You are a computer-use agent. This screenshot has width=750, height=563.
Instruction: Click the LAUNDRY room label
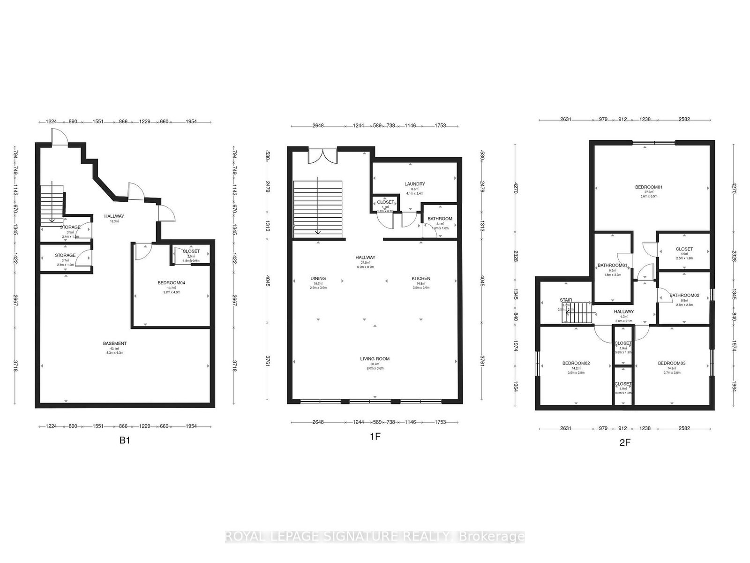click(x=414, y=184)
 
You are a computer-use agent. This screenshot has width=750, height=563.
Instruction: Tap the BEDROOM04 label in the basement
click(x=172, y=283)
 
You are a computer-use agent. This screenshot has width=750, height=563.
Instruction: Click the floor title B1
click(x=124, y=441)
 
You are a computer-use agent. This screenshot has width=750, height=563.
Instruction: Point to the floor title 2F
click(x=625, y=442)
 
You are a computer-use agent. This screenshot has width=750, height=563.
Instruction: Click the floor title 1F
click(x=375, y=437)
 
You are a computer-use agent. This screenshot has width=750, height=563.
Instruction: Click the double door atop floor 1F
click(x=322, y=156)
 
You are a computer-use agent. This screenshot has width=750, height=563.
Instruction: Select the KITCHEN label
click(x=420, y=279)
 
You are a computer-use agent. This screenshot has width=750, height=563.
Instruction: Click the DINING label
click(x=318, y=279)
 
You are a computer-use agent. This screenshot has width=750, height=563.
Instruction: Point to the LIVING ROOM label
click(x=375, y=359)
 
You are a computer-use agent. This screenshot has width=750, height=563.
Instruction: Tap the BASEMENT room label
click(x=115, y=343)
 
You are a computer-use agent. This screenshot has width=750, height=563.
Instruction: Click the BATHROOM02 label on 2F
click(x=684, y=296)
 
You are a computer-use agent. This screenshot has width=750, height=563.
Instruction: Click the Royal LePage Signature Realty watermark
click(x=375, y=537)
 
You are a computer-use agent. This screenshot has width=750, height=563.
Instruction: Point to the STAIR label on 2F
click(x=566, y=300)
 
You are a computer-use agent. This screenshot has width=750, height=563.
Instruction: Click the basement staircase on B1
click(x=52, y=205)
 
